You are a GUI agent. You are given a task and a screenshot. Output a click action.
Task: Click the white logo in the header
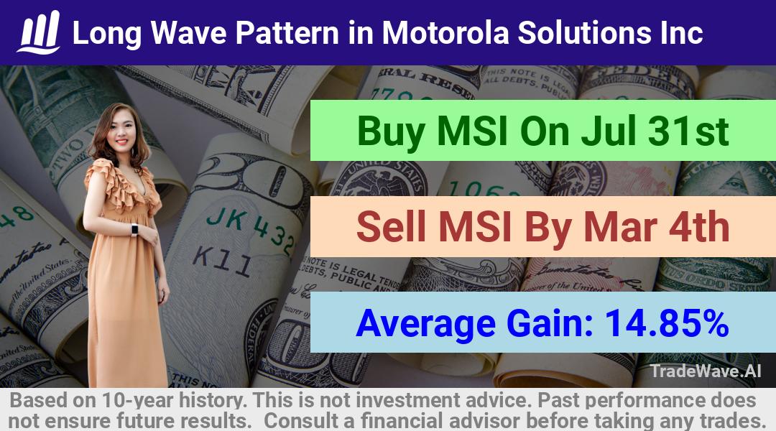[39, 32]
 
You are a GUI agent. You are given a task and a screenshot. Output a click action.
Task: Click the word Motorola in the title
[445, 32]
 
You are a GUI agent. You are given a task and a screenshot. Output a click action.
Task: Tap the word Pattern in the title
[287, 32]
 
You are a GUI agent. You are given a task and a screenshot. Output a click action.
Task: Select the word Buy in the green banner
[391, 131]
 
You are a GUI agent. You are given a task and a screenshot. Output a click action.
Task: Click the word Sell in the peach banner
[390, 226]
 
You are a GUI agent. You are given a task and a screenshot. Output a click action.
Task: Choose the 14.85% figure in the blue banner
[667, 323]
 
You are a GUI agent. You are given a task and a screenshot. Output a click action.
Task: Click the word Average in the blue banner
[425, 324]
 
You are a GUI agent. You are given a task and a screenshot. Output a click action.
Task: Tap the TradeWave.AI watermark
[706, 371]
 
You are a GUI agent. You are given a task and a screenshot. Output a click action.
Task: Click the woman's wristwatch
[134, 230]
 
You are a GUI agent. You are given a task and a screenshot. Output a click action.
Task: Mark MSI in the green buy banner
[472, 131]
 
